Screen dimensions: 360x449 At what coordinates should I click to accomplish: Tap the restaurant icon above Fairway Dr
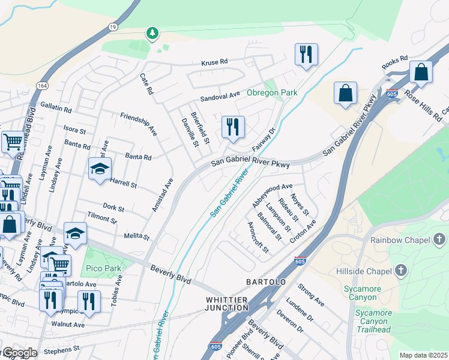[x=233, y=127]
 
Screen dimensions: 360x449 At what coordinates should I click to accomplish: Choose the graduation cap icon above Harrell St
[x=100, y=169]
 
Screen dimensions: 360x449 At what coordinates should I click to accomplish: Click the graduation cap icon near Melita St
[x=76, y=233]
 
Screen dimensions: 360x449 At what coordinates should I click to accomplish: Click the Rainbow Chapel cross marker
[x=439, y=240]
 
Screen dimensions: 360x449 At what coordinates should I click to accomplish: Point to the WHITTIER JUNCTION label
[x=227, y=303]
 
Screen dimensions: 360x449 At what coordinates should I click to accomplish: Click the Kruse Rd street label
[x=215, y=62]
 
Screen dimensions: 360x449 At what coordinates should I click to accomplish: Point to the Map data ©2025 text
[x=423, y=355]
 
